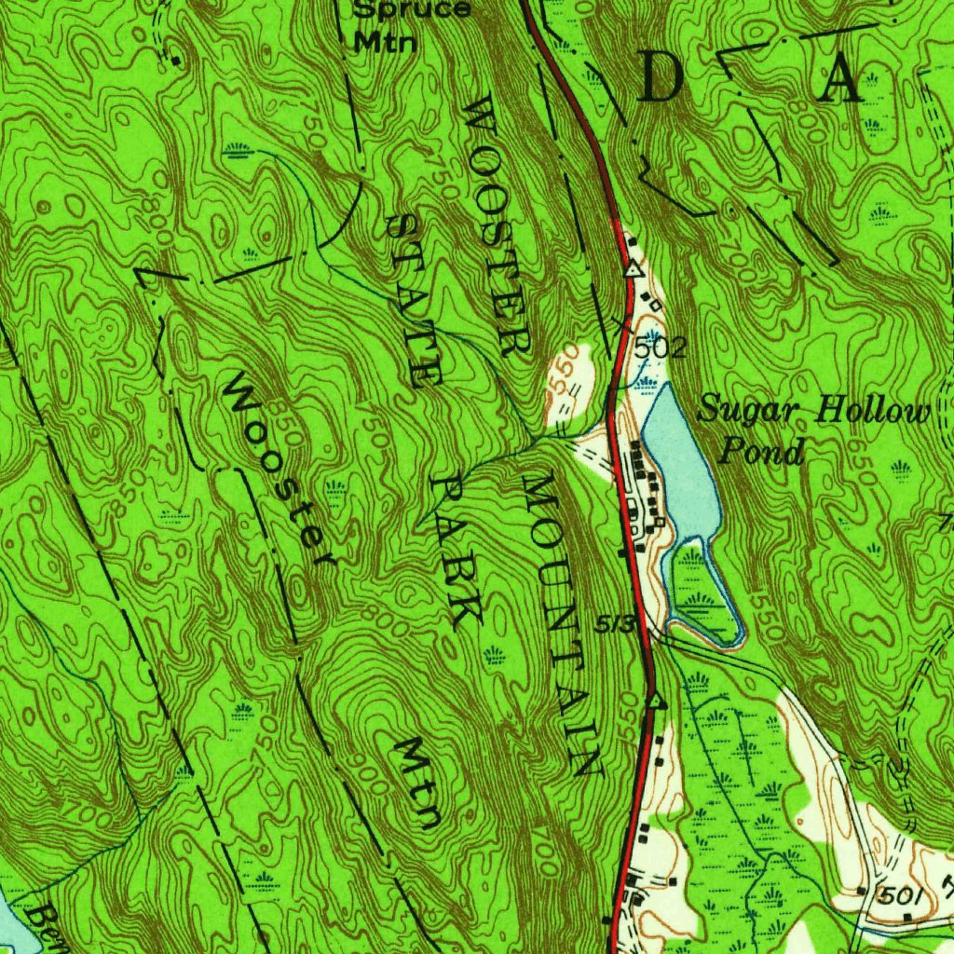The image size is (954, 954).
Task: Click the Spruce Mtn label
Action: click(400, 24)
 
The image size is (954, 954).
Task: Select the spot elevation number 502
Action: click(661, 349)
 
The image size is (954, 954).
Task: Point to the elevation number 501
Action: click(902, 896)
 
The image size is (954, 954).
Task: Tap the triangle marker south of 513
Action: click(655, 699)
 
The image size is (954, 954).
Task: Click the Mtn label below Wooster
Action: click(416, 783)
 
